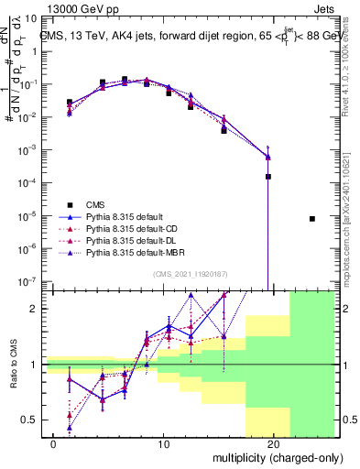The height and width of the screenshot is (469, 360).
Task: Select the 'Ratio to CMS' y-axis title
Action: coord(14,365)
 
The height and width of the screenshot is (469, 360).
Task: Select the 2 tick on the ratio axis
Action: coord(33,309)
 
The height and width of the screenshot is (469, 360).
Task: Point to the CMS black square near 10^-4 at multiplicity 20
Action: coord(268,177)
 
